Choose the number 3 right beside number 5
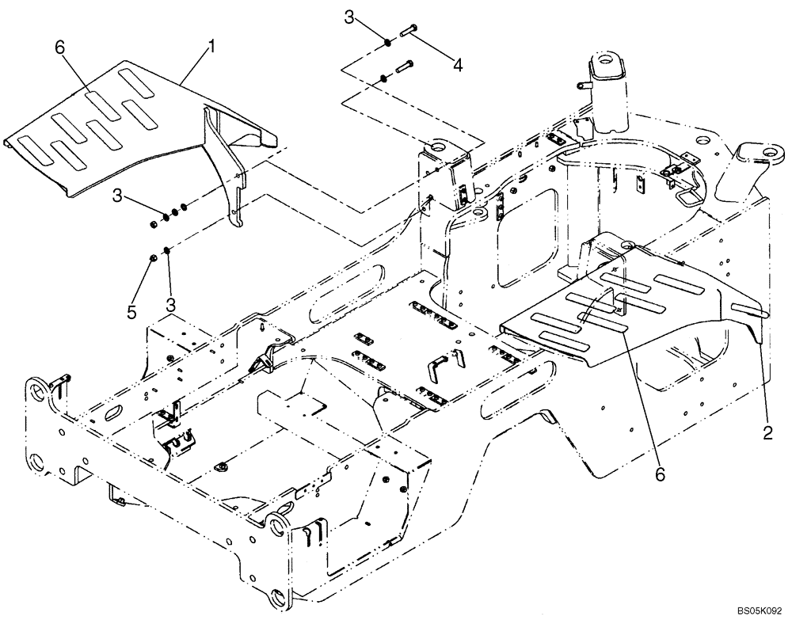[169, 303]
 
